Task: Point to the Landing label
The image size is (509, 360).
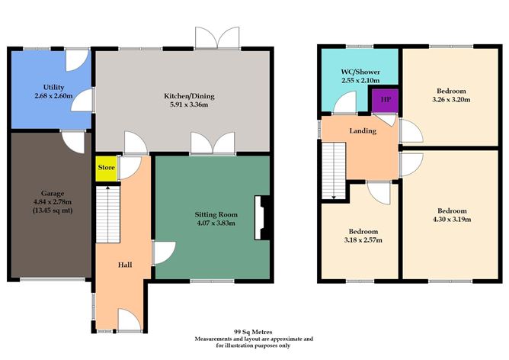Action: pos(363,131)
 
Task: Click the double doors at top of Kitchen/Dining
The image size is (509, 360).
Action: pos(208,38)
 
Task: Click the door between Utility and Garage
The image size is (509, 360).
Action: pos(73,140)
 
